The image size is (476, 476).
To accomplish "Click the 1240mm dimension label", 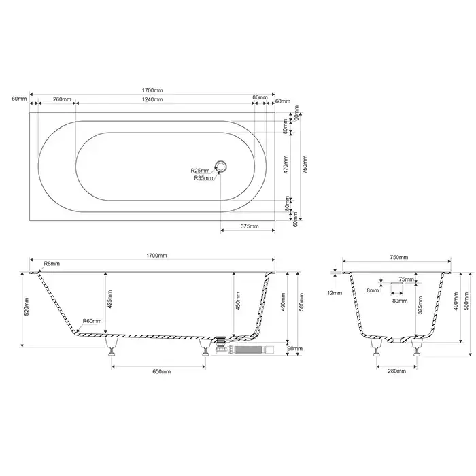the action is (153, 99).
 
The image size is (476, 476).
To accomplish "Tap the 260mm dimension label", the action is (63, 99).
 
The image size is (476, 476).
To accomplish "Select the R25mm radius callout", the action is (200, 170).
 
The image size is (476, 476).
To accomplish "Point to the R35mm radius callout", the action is (203, 178).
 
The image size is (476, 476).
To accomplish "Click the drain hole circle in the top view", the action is (221, 167).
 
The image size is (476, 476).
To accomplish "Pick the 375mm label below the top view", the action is (250, 226).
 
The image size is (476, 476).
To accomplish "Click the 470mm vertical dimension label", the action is (286, 165).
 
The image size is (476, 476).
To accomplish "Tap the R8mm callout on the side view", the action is (52, 264).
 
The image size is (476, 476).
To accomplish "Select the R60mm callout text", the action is (92, 321).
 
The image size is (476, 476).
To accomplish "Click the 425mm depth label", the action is (109, 300).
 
